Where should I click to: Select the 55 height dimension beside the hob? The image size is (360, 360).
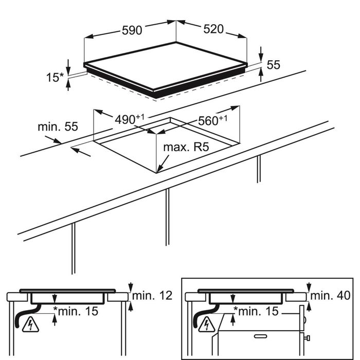tap(273, 65)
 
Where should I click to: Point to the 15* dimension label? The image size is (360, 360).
tap(53, 78)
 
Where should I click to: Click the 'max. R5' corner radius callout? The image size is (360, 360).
tap(186, 148)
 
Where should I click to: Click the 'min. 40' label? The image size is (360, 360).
tap(330, 296)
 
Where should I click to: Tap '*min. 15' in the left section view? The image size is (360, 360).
tap(77, 311)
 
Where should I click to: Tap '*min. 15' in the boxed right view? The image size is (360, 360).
tap(256, 311)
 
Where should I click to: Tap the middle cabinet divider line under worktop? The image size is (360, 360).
tap(168, 216)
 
